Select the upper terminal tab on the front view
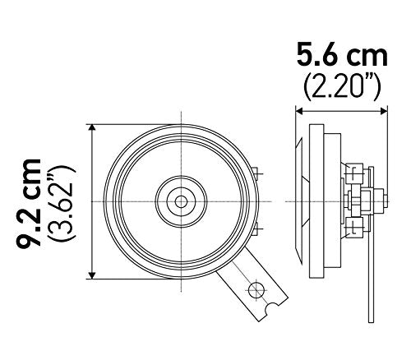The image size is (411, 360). [x=258, y=175]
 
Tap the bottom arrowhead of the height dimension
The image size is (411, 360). [x=93, y=275]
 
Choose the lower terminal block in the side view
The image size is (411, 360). [x=355, y=228]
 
